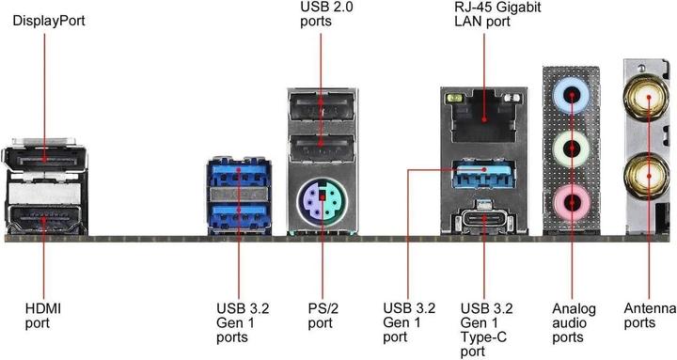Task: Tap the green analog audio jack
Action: [x=570, y=148]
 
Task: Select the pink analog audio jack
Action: [x=570, y=200]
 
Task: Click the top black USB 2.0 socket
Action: [x=321, y=112]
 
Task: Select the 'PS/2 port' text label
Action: [x=320, y=315]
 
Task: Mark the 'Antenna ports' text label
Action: [x=649, y=315]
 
